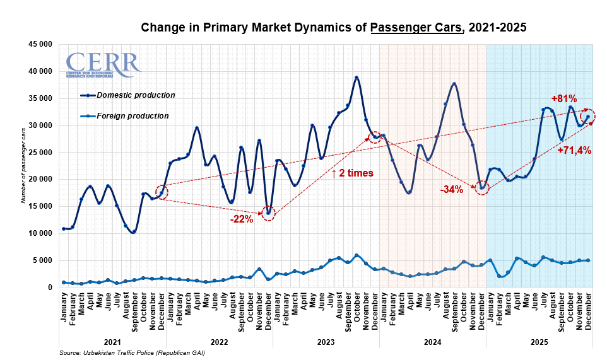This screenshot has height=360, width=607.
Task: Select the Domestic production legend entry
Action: [x=135, y=95]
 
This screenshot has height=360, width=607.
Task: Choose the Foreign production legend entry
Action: [x=133, y=116]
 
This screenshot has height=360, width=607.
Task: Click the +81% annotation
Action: [x=564, y=98]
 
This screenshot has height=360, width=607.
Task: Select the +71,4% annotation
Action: [x=574, y=150]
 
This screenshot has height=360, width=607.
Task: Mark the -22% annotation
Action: [x=242, y=219]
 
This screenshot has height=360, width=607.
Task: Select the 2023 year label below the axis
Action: [x=326, y=341]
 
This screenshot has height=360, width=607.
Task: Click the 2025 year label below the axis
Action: [x=539, y=341]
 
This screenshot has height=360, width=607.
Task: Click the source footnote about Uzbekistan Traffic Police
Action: [x=132, y=353]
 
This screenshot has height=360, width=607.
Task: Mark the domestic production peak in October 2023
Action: [x=357, y=78]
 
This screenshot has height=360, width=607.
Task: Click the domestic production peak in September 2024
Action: [x=454, y=84]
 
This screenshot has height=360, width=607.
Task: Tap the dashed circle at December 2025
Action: [x=588, y=116]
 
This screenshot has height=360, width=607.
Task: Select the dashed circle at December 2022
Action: [x=269, y=212]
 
